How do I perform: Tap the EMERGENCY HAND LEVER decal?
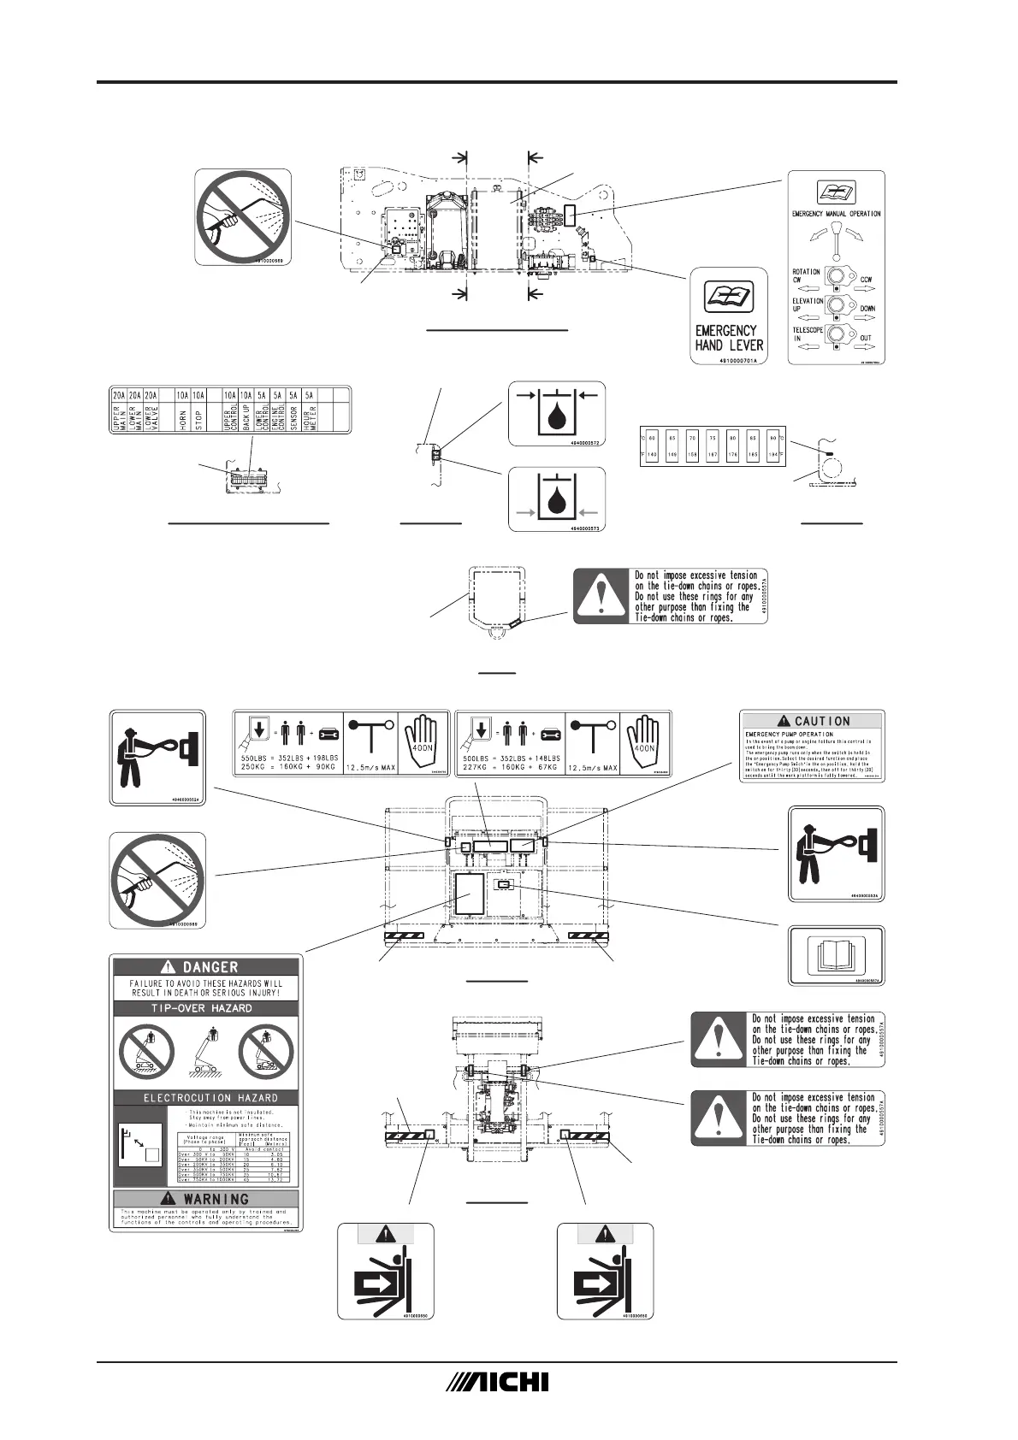726,337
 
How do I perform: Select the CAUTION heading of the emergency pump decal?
812,721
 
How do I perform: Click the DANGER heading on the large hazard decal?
206,967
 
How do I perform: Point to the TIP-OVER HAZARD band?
206,1008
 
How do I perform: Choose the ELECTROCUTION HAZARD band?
206,1097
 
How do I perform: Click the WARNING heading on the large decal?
206,1199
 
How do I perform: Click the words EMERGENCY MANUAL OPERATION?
836,214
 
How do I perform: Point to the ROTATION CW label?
806,275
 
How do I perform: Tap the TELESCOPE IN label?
807,333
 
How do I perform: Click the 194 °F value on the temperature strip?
772,455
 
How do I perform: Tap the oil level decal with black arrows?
557,412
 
